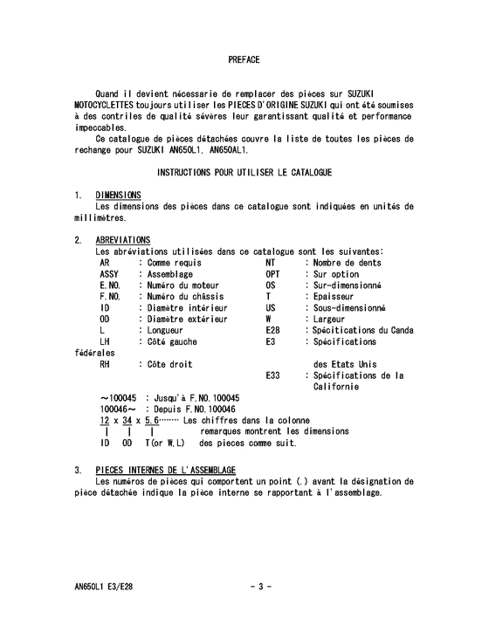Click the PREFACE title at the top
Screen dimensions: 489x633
coord(244,60)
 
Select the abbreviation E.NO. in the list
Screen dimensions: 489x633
coord(110,286)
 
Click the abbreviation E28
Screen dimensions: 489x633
coord(272,331)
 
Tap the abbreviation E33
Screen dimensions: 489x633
coord(272,375)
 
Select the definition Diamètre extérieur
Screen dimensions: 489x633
coord(184,320)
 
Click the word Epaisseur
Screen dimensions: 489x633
coord(335,297)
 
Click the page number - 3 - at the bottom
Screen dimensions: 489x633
coord(260,586)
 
